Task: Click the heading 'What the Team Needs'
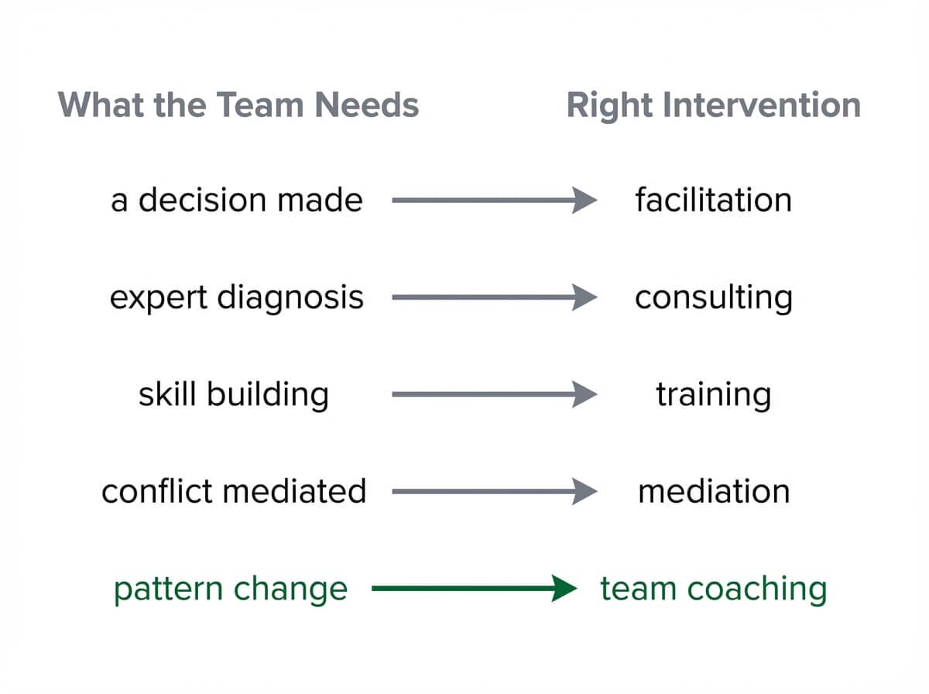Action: [238, 105]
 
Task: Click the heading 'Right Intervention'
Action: [713, 105]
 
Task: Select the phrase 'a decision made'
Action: [236, 201]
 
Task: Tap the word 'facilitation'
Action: [713, 201]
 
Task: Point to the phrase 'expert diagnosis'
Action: [236, 297]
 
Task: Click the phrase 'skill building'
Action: [233, 395]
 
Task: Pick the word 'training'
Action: [713, 395]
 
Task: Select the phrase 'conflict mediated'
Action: [234, 492]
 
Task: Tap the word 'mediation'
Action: [713, 492]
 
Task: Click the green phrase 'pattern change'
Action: [231, 589]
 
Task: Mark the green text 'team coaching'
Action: [713, 589]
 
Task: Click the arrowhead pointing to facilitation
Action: [584, 201]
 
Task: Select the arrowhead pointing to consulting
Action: [584, 297]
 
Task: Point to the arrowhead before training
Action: [584, 395]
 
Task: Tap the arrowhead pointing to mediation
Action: [584, 492]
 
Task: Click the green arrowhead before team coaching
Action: [564, 589]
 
